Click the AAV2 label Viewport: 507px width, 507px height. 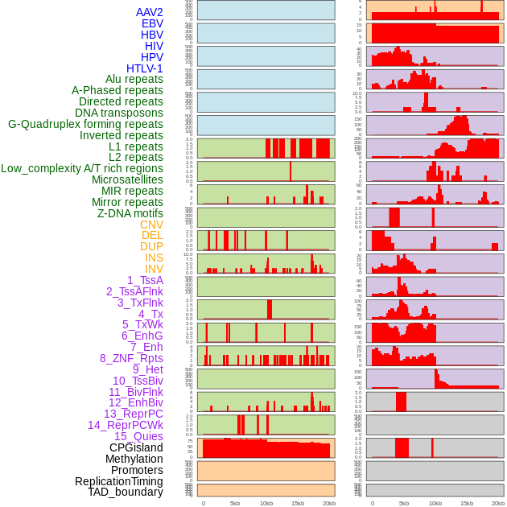point(149,12)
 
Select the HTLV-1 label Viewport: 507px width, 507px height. point(144,68)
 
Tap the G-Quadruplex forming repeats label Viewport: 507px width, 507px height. point(85,124)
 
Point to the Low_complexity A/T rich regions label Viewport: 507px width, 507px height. point(81,168)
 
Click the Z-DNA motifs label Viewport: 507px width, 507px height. point(130,213)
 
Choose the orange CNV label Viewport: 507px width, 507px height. point(151,225)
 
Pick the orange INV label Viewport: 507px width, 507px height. point(154,269)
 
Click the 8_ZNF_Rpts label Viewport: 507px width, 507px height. point(131,358)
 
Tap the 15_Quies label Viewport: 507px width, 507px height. point(138,436)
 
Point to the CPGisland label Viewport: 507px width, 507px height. point(136,447)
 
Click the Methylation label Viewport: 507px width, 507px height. point(134,459)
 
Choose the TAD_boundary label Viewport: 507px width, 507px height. point(125,492)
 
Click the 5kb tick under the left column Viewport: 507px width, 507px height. point(235,503)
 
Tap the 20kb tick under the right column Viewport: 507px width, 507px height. point(498,503)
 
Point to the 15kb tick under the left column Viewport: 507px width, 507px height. point(298,503)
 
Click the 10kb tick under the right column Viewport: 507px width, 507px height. point(435,503)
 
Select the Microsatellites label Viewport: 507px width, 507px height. point(127,179)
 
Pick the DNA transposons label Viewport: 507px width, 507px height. point(119,113)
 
